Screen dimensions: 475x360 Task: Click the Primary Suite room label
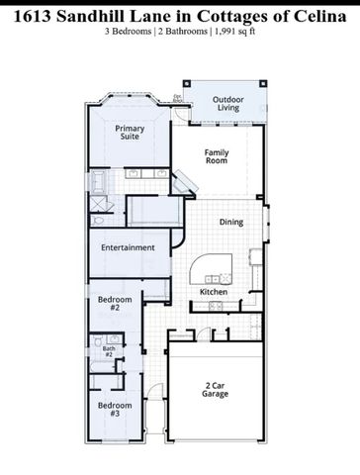tap(130, 133)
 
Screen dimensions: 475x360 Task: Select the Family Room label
tap(217, 157)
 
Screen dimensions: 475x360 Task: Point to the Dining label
tap(230, 223)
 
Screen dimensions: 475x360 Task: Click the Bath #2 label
tap(109, 351)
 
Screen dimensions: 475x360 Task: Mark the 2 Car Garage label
tap(216, 389)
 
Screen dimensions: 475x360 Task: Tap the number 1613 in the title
tap(38, 13)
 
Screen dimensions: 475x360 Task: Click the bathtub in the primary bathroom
tap(100, 184)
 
